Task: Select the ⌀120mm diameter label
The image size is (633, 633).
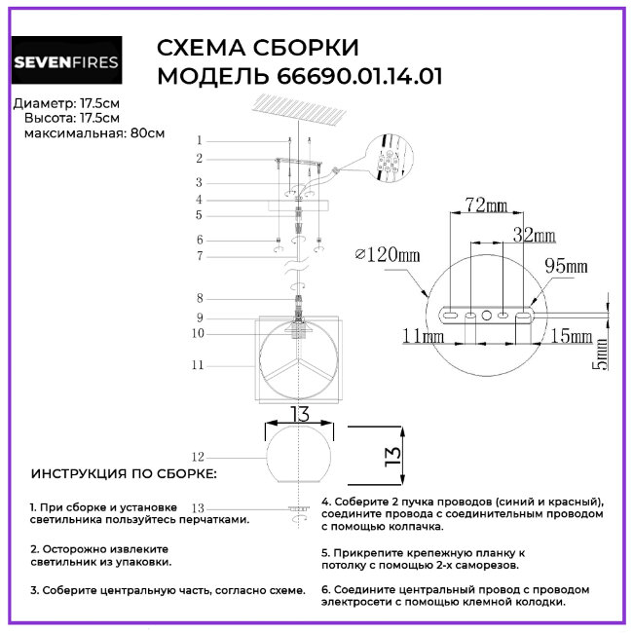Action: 388,254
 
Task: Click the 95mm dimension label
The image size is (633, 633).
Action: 566,266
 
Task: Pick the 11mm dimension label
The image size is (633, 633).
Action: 421,337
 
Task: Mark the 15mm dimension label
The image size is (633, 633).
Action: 571,337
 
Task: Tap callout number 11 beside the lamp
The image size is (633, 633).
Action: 198,366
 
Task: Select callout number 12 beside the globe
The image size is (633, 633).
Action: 198,456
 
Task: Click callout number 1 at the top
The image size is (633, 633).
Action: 199,140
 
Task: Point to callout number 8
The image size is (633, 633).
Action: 199,298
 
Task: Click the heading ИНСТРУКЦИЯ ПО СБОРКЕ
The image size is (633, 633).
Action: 125,474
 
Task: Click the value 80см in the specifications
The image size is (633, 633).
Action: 147,132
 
